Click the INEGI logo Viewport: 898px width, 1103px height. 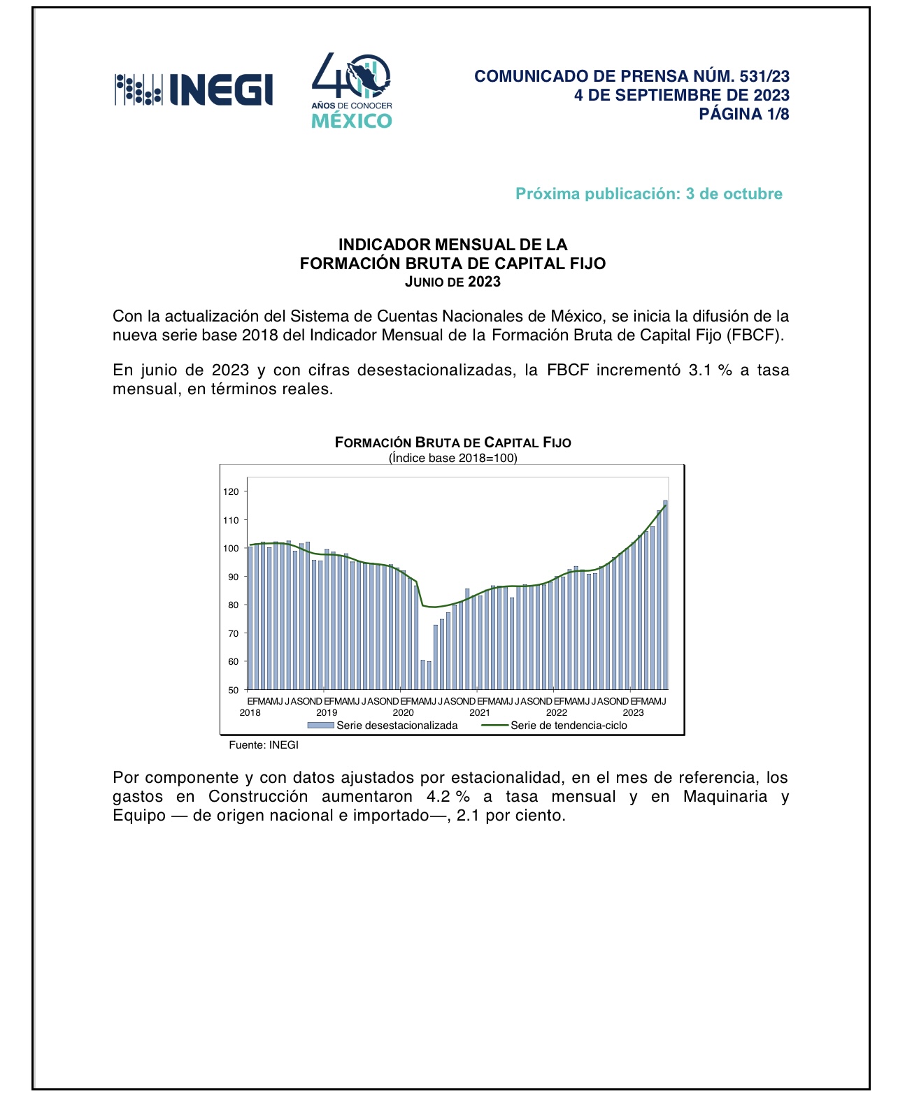[x=194, y=89]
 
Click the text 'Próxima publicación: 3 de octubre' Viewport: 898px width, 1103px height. [x=648, y=194]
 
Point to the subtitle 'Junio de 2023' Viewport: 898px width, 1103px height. [x=452, y=282]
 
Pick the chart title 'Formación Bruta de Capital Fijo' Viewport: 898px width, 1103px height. [x=452, y=442]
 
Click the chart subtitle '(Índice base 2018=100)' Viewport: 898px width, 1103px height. [x=452, y=459]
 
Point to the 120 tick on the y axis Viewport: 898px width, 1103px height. [x=231, y=492]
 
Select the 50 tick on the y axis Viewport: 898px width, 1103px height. [x=233, y=690]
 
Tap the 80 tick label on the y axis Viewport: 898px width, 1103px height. [x=233, y=605]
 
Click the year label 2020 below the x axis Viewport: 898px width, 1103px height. [x=403, y=713]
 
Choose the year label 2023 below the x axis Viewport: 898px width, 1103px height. [x=633, y=713]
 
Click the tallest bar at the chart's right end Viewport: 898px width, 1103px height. [x=665, y=594]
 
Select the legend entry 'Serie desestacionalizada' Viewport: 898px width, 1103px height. [x=397, y=726]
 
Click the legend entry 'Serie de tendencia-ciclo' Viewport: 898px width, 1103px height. [x=568, y=726]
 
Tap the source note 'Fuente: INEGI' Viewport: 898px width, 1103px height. [x=264, y=745]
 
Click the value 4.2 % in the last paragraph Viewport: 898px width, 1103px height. [x=448, y=797]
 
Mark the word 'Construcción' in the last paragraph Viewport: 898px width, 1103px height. [x=258, y=797]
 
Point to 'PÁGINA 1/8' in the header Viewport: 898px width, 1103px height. [x=743, y=114]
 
